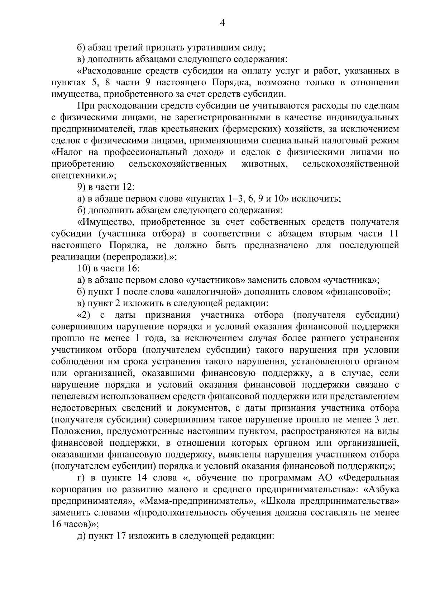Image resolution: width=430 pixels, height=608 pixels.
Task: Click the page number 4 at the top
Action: pos(222,23)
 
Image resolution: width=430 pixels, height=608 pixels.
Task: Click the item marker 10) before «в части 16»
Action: pos(84,269)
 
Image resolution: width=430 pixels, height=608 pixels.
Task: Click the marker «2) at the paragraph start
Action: pos(85,315)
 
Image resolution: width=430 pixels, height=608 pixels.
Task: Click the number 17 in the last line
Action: pos(120,536)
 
